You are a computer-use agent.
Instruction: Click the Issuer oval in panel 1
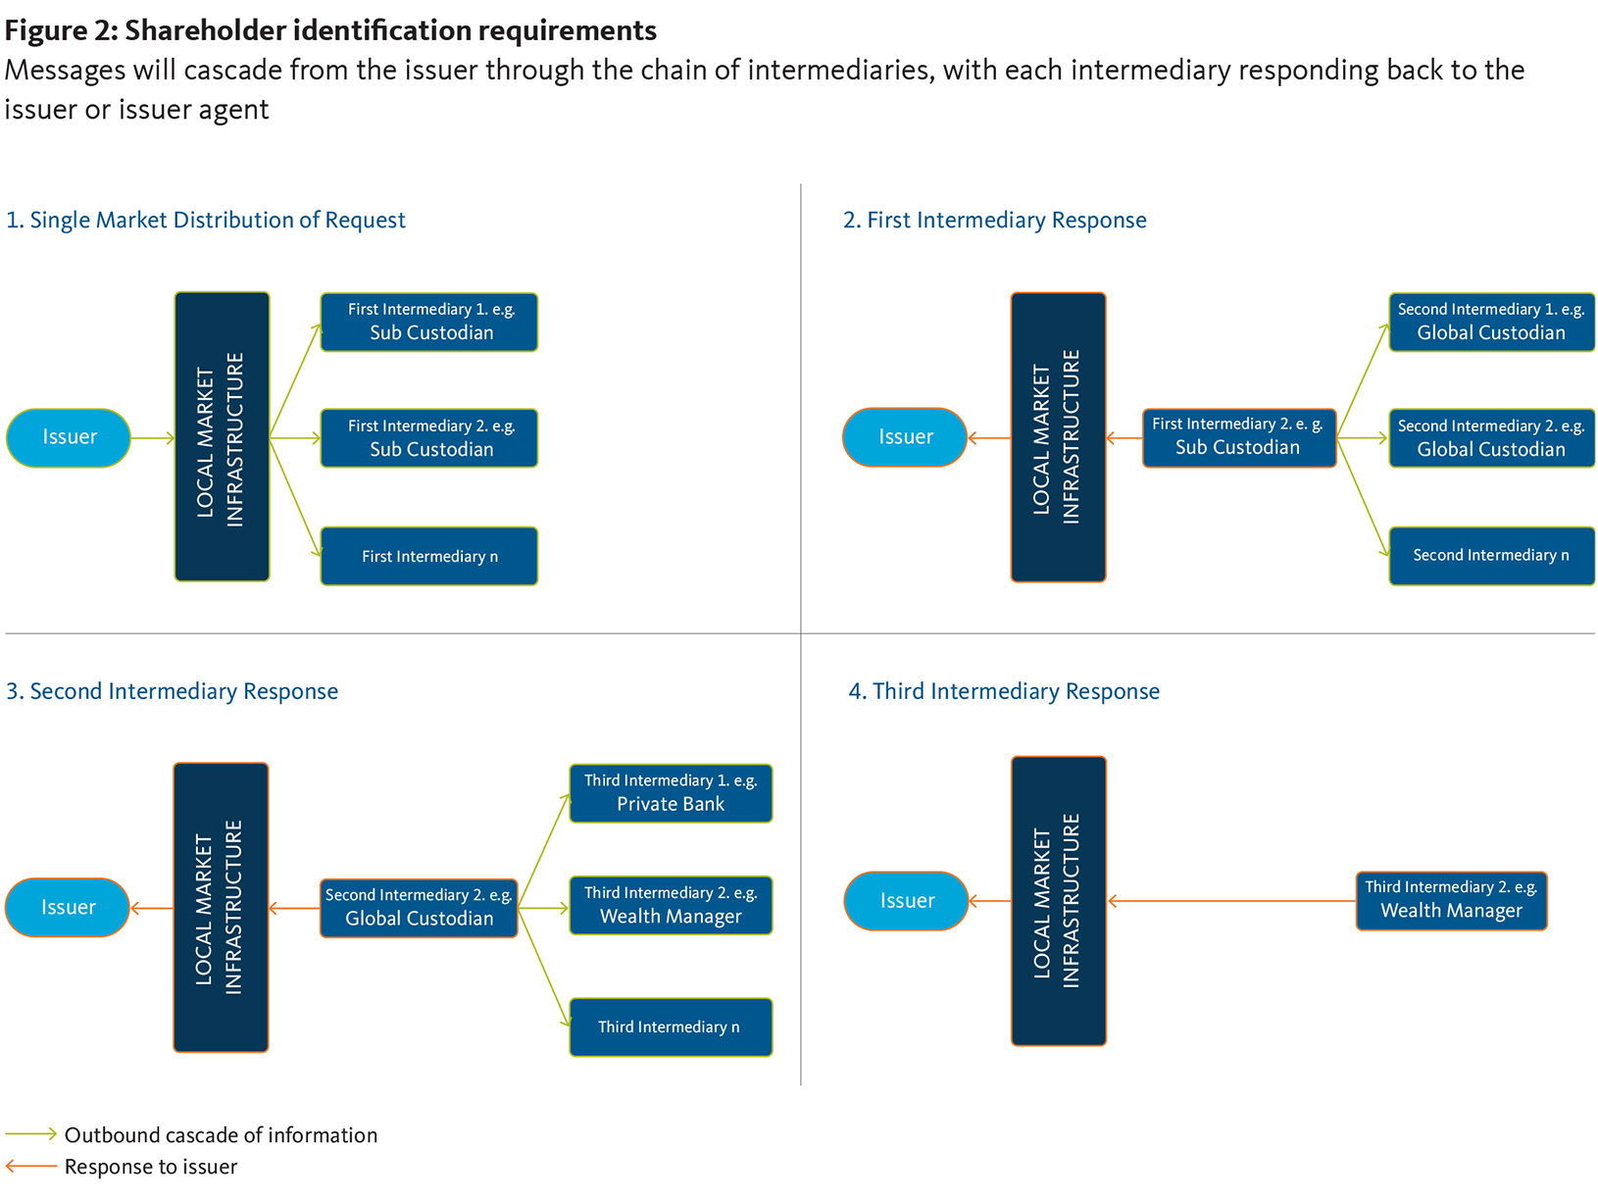(69, 437)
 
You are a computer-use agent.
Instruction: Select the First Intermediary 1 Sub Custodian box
(429, 322)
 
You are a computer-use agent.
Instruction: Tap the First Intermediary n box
(429, 556)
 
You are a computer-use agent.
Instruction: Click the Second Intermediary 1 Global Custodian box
(1491, 322)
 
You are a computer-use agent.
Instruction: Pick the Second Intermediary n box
(1491, 556)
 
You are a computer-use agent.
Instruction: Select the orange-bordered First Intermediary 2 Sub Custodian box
(1238, 437)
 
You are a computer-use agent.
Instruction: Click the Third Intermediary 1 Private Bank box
(671, 793)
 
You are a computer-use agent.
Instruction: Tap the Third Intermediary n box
(671, 1026)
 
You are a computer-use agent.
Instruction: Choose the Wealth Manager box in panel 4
(1451, 900)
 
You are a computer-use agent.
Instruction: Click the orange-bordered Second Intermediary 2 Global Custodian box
(419, 908)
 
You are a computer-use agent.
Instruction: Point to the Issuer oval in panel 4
(906, 900)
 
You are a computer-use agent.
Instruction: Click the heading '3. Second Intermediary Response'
(173, 691)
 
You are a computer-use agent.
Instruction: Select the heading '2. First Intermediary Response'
(995, 220)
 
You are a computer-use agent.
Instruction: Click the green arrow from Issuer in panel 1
(152, 438)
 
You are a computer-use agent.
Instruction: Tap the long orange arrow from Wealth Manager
(1231, 901)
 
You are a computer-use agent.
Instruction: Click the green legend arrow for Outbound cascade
(31, 1134)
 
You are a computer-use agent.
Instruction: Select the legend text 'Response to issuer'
(151, 1167)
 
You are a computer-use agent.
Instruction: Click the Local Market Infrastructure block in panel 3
(221, 908)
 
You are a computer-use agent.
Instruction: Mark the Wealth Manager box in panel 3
(671, 905)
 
